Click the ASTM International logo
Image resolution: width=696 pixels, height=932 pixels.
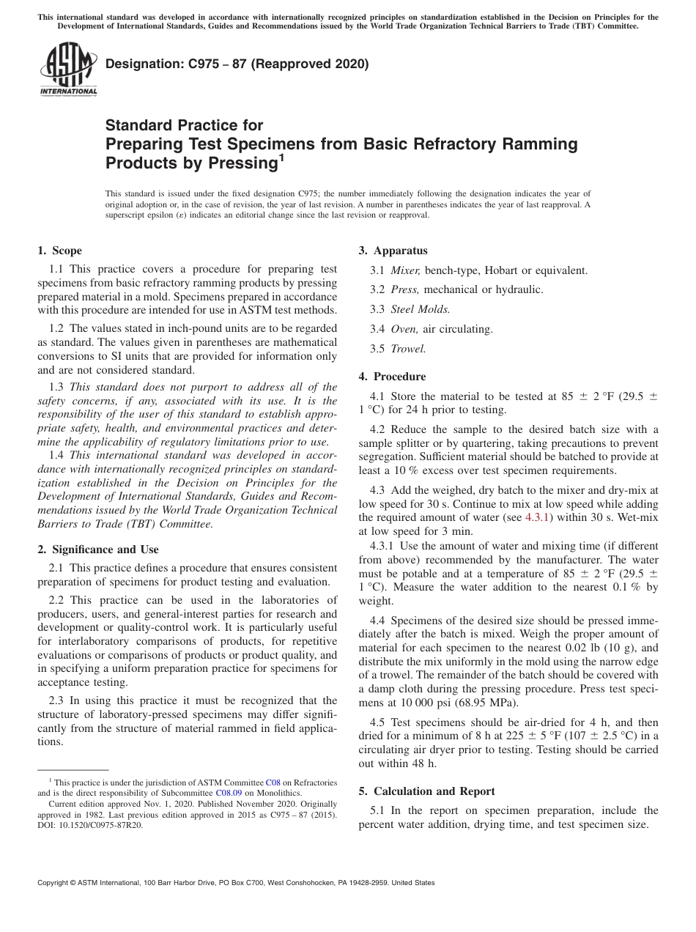67,69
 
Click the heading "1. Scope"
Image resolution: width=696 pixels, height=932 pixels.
59,251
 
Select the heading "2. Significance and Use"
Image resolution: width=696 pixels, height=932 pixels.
97,549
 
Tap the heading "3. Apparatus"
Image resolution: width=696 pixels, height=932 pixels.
393,251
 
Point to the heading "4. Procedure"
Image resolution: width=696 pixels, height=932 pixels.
392,377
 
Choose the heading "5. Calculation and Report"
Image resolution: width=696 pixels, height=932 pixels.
426,791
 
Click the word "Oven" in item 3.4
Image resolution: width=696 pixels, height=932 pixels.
404,329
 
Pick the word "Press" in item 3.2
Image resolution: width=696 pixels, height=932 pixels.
405,289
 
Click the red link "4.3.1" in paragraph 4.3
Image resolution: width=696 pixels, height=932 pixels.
538,517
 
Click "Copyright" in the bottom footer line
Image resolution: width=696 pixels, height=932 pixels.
55,883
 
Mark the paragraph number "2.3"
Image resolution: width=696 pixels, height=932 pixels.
58,700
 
